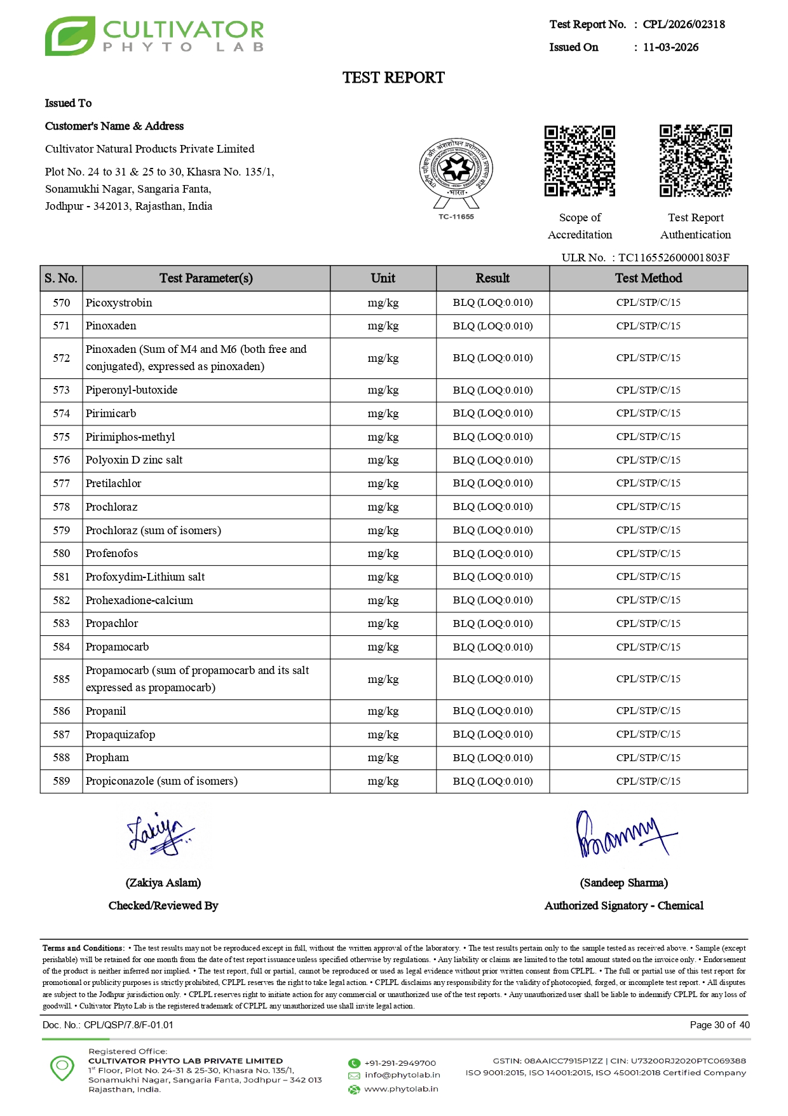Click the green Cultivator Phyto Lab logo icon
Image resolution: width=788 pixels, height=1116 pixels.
pos(70,36)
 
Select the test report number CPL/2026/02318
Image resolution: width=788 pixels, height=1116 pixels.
pos(684,24)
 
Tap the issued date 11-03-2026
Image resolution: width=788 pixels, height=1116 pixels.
pos(670,47)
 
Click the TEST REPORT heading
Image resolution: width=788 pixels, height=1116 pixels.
pos(393,78)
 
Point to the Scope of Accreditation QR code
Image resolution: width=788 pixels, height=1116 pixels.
pos(580,161)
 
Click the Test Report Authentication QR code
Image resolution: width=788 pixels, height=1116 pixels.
pos(695,161)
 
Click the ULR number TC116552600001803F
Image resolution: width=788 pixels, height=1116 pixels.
pos(674,258)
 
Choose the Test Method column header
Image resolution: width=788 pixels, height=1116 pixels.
pos(648,279)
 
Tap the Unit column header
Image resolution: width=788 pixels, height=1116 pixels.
pos(383,279)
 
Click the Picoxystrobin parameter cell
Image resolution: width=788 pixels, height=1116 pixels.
pos(119,303)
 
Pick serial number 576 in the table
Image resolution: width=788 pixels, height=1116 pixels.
pos(62,460)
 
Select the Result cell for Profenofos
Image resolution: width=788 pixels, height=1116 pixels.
pos(492,553)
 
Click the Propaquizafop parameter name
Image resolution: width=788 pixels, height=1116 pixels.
pos(120,734)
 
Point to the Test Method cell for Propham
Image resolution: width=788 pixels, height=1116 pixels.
pos(648,757)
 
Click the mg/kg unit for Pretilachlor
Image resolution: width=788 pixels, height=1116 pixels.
pos(383,483)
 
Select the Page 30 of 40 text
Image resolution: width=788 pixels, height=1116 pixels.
pos(719,1025)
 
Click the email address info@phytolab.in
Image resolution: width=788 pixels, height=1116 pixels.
pos(402,1075)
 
